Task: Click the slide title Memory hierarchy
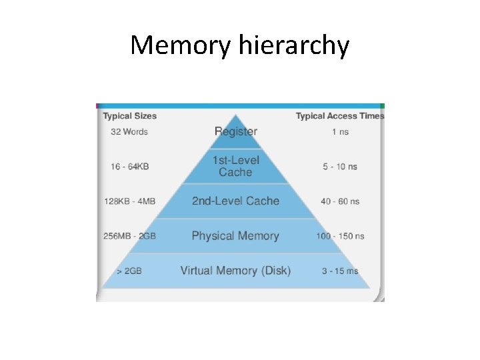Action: (x=239, y=45)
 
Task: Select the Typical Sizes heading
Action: (x=129, y=116)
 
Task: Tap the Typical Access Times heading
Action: (x=339, y=116)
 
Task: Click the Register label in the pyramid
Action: (x=235, y=131)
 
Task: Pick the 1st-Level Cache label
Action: (x=235, y=166)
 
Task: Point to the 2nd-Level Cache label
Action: (x=235, y=201)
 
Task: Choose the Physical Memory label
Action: (x=235, y=235)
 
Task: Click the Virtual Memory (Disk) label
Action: (x=235, y=271)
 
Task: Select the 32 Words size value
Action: (x=129, y=132)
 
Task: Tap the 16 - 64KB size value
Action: (x=129, y=166)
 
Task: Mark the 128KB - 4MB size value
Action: (x=130, y=201)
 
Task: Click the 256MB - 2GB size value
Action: (x=130, y=236)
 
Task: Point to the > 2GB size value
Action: (x=129, y=271)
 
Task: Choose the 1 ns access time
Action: (x=340, y=132)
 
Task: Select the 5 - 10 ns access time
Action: (x=340, y=166)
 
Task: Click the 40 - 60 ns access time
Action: (x=340, y=201)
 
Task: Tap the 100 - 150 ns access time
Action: (x=340, y=236)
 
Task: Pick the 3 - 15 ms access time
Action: (x=340, y=271)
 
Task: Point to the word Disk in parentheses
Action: (x=275, y=271)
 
